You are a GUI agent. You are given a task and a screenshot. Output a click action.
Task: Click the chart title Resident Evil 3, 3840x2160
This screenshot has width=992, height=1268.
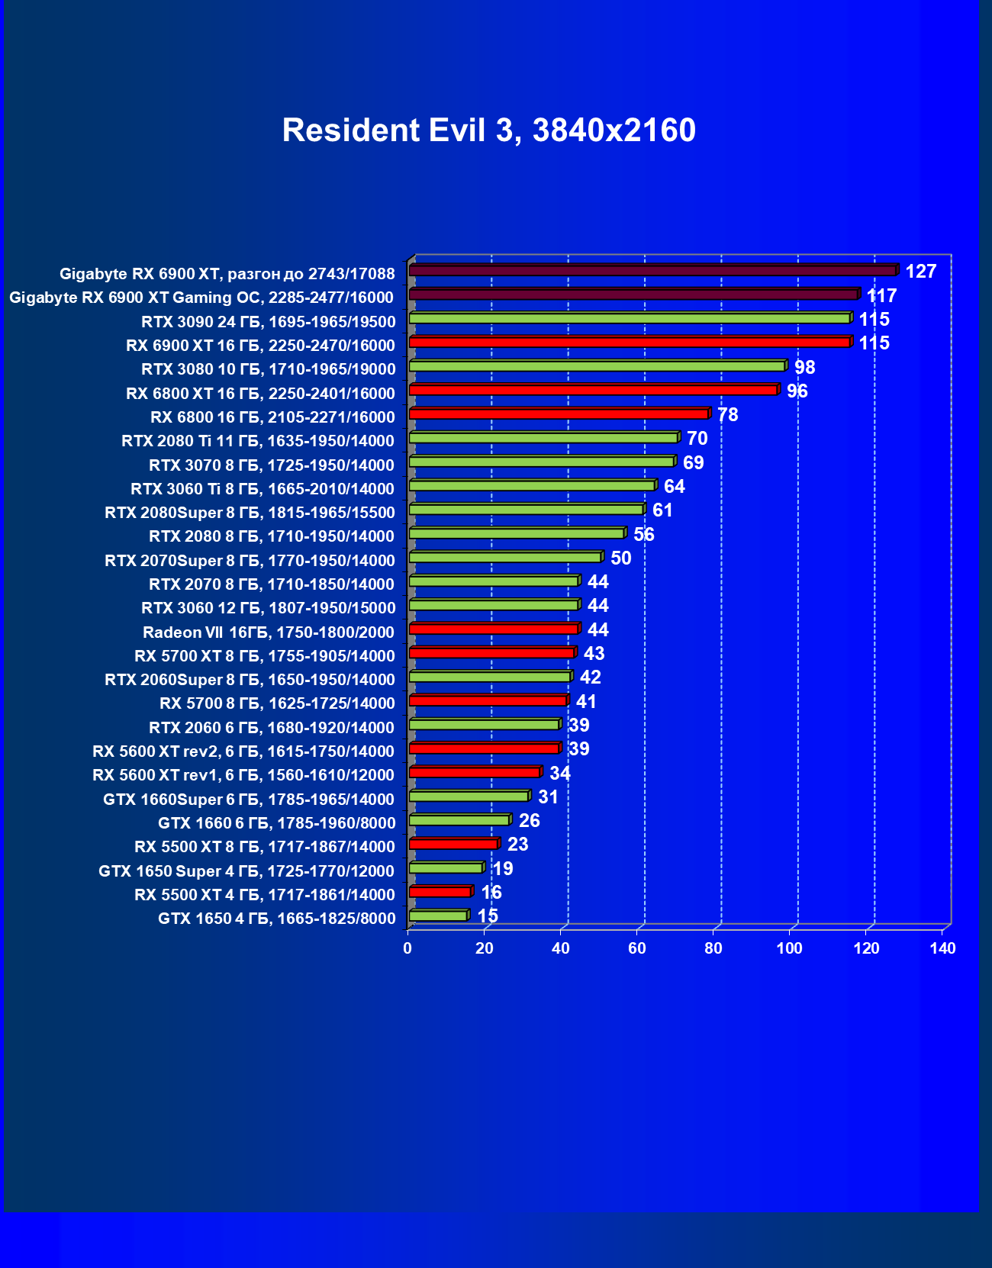click(488, 130)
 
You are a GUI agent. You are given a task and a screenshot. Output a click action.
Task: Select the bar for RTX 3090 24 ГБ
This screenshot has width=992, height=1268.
click(630, 318)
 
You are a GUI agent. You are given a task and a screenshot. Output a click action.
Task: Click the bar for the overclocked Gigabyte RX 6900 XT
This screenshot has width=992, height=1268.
click(652, 270)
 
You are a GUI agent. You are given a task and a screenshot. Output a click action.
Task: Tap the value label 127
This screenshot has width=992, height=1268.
click(920, 272)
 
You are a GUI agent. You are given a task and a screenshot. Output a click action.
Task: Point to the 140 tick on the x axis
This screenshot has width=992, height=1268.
click(943, 948)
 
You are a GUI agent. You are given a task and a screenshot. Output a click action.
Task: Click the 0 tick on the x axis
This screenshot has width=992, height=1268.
click(407, 948)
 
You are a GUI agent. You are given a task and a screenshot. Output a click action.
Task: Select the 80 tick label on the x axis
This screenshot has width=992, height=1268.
click(713, 948)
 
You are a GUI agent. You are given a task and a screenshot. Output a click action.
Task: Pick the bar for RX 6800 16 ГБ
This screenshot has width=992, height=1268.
click(559, 414)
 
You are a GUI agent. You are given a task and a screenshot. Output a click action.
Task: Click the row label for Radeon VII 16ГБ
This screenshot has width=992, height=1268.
click(269, 632)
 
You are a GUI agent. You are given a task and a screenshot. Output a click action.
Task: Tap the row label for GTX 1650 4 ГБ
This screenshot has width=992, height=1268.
click(277, 919)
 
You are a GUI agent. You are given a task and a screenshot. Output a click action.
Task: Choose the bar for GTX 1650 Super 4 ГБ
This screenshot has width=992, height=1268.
click(446, 867)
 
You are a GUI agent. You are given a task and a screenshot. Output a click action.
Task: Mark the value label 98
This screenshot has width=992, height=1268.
click(804, 368)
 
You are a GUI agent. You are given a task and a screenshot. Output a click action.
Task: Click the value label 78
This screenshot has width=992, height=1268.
click(727, 415)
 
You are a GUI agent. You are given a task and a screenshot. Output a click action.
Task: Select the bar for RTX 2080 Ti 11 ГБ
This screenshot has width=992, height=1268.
click(544, 438)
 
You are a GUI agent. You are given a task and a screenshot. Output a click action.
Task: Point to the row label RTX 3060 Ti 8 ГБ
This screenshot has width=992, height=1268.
click(262, 489)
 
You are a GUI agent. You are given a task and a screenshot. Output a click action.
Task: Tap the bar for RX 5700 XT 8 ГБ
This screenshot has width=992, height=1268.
click(491, 652)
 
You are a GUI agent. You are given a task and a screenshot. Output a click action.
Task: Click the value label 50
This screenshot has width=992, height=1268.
click(620, 558)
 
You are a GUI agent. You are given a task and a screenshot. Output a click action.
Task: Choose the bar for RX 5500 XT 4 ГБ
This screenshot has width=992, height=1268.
click(440, 891)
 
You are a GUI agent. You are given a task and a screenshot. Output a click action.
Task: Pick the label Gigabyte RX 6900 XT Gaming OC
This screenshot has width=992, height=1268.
click(201, 298)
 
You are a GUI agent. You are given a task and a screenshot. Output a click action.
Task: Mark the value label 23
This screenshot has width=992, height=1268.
click(517, 845)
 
